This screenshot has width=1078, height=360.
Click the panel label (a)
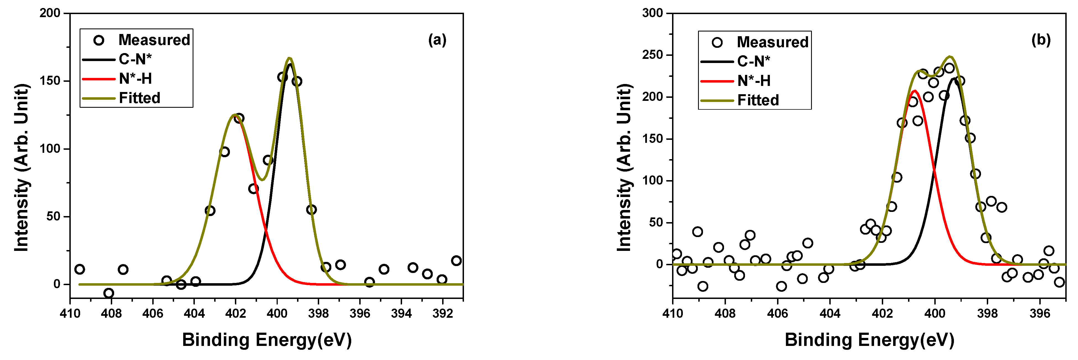point(437,40)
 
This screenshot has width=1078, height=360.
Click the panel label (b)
point(1041,40)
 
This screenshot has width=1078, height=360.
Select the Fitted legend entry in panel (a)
point(139,98)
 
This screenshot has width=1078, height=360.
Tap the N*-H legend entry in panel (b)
point(754,81)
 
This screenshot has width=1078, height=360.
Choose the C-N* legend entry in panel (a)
point(135,59)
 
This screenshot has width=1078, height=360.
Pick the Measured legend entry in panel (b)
point(772,42)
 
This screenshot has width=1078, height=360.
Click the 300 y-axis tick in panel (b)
point(653,13)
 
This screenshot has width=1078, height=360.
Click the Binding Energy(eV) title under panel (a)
point(267,340)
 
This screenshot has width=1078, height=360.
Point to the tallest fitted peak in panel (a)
point(290,59)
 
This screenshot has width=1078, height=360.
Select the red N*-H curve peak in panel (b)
point(915,91)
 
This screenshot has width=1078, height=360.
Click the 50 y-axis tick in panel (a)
point(53,216)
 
